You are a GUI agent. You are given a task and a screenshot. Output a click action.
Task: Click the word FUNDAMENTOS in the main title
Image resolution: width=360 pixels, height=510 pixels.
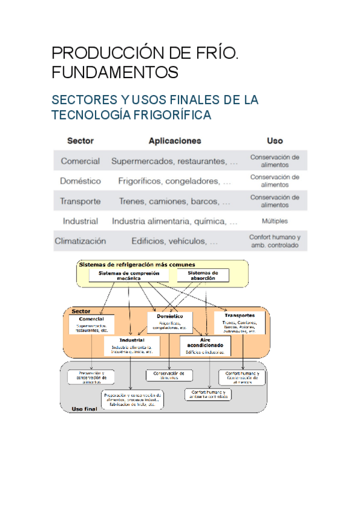(115, 72)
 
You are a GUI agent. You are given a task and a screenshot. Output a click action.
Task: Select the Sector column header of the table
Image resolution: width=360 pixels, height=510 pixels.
(81, 141)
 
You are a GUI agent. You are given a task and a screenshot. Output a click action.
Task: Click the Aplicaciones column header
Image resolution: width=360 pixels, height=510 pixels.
(175, 141)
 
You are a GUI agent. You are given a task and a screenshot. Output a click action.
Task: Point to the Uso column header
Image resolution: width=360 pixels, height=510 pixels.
(275, 141)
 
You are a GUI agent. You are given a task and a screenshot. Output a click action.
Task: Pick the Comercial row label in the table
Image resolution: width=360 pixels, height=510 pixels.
(81, 161)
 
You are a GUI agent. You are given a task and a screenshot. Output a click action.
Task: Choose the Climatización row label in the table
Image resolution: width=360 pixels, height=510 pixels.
(81, 241)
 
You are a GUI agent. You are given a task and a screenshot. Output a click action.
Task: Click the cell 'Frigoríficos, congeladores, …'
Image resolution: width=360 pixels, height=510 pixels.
(175, 181)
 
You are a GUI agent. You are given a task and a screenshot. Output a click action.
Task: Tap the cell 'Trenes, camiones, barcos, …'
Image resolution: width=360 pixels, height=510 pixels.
(175, 201)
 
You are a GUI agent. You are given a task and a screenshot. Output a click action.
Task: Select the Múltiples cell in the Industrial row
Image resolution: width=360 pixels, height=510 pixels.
(275, 221)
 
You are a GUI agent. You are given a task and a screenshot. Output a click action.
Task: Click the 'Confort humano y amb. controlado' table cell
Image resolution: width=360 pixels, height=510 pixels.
(275, 241)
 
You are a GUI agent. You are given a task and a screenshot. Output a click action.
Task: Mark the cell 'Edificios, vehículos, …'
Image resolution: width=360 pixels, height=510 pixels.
(175, 241)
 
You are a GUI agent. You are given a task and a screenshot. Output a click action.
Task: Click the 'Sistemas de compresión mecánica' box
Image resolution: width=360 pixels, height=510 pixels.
(129, 275)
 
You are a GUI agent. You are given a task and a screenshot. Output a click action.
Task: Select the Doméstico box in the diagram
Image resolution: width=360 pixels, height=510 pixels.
(169, 321)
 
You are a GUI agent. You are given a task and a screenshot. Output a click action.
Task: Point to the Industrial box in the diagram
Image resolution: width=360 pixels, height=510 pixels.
(132, 344)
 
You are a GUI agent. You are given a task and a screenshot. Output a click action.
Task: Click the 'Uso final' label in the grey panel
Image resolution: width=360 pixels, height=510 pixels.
(85, 409)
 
